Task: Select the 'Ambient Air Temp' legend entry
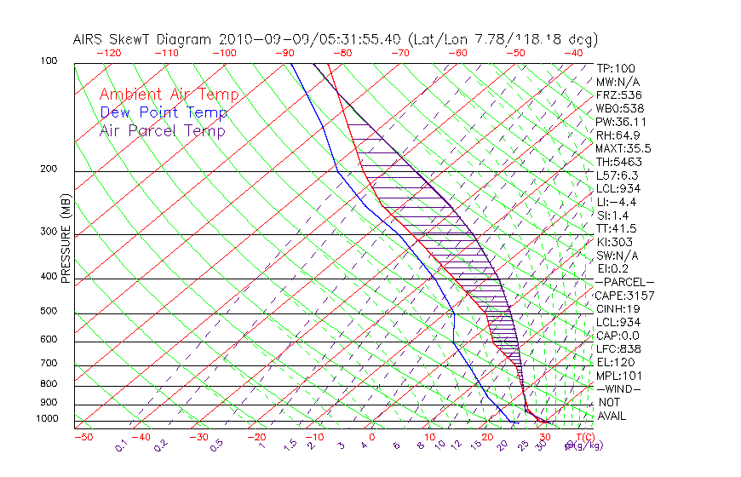[169, 95]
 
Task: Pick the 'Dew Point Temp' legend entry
[164, 112]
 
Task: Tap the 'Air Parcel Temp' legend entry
[163, 130]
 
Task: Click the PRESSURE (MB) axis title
[65, 238]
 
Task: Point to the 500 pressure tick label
[49, 312]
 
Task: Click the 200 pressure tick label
[49, 170]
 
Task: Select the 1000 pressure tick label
[46, 419]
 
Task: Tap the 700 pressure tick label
[49, 365]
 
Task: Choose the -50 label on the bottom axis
[83, 437]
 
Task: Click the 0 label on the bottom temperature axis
[371, 437]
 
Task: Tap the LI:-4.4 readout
[616, 202]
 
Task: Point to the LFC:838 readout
[617, 348]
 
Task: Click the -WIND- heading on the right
[618, 388]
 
